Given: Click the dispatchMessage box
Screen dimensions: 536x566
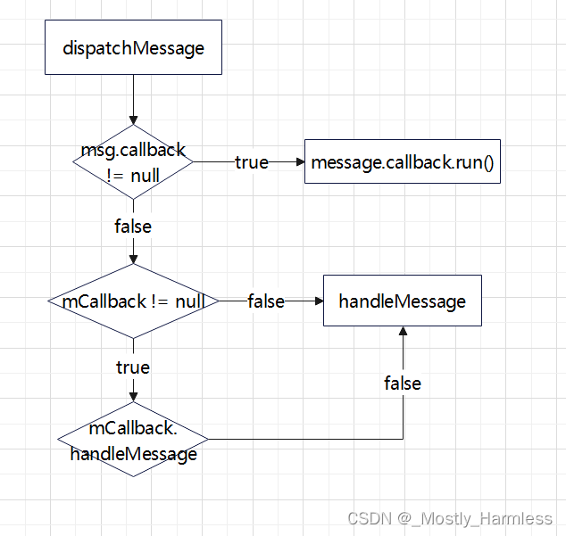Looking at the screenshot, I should pyautogui.click(x=133, y=47).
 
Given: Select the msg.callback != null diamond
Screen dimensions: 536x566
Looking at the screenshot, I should pyautogui.click(x=133, y=162).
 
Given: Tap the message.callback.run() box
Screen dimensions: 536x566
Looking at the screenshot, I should pyautogui.click(x=403, y=162).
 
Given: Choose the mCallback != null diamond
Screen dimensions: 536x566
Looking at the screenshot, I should pyautogui.click(x=133, y=301).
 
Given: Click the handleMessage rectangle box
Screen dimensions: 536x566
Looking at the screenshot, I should pyautogui.click(x=402, y=301).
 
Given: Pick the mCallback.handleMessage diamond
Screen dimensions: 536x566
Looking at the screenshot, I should pyautogui.click(x=133, y=440).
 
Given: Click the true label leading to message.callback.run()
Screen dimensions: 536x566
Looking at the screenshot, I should pyautogui.click(x=251, y=162).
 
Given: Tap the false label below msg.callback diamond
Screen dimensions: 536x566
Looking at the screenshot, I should pyautogui.click(x=133, y=227).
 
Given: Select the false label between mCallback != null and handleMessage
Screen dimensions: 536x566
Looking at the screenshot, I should pyautogui.click(x=266, y=301).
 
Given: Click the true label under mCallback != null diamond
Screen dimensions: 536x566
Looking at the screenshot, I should pyautogui.click(x=133, y=367).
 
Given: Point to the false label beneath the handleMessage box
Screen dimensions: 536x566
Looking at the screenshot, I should pyautogui.click(x=403, y=383).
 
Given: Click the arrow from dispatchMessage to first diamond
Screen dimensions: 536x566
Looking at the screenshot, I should pyautogui.click(x=133, y=98).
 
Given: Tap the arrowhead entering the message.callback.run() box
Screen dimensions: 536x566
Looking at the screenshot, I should pyautogui.click(x=299, y=162).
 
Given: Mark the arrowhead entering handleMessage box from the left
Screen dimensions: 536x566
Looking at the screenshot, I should pyautogui.click(x=317, y=301).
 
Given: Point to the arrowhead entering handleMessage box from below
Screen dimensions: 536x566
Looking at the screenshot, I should pyautogui.click(x=403, y=331).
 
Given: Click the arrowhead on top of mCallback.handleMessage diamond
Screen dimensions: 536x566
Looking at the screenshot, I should pyautogui.click(x=133, y=397).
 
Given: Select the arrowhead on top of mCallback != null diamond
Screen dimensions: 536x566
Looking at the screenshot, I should pyautogui.click(x=133, y=259).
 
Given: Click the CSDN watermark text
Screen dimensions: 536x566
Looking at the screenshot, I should pyautogui.click(x=450, y=518).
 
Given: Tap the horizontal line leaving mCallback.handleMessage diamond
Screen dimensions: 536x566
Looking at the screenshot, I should pyautogui.click(x=304, y=440).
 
